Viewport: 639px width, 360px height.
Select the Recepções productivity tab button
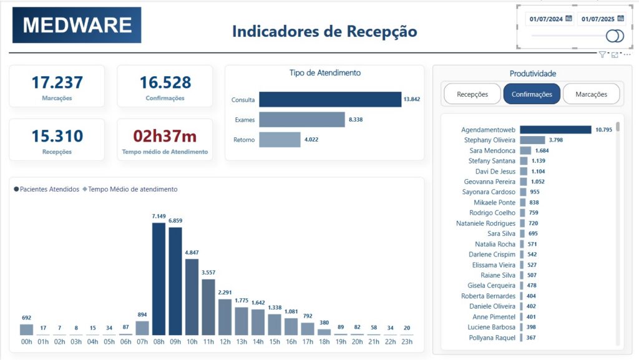coord(472,94)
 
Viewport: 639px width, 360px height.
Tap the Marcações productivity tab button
coord(591,94)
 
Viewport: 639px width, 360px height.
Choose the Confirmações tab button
coord(532,94)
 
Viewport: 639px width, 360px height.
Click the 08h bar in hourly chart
coord(159,279)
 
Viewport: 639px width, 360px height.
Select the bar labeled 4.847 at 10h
coord(192,297)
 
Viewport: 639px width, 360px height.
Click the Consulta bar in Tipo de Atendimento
coord(330,100)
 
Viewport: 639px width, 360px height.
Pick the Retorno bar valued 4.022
coord(280,140)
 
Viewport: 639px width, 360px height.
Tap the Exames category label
coord(245,120)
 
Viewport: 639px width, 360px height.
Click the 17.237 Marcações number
coord(57,82)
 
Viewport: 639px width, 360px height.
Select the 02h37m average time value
coord(165,136)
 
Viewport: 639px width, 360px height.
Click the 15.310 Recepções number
coord(57,136)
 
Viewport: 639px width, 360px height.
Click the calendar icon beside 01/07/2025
coord(620,19)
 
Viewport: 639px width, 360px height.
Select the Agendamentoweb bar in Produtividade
coord(555,130)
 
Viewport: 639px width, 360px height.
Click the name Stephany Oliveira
coord(490,140)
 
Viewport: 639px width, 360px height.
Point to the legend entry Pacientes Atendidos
coord(47,189)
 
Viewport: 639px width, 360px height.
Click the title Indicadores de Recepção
coord(324,31)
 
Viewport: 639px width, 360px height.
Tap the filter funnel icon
coord(602,55)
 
